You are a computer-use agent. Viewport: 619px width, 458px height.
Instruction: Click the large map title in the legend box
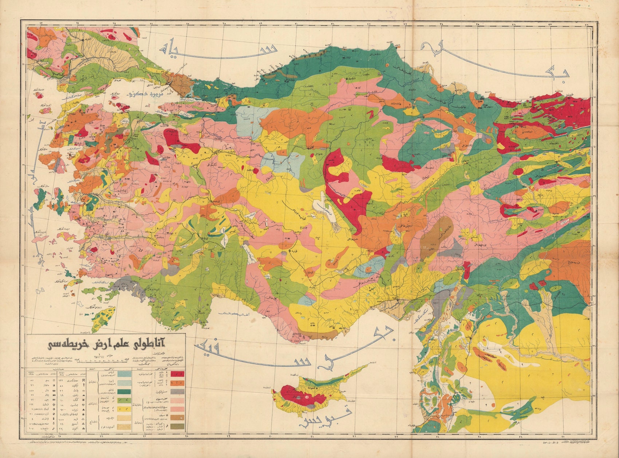click(106, 344)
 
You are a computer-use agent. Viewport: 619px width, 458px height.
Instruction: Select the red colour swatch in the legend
click(177, 374)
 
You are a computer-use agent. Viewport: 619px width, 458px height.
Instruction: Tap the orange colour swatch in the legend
click(177, 383)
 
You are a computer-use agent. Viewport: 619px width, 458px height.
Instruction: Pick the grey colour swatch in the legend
click(177, 391)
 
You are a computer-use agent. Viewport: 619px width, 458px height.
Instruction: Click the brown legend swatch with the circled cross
click(177, 418)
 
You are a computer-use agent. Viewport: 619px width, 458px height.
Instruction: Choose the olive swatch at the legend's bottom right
click(177, 426)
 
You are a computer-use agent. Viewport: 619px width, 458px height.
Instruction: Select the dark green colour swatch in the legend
click(124, 392)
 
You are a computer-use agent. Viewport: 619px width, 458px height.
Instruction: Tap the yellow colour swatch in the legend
click(124, 409)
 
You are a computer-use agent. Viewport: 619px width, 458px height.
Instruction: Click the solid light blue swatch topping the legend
click(124, 374)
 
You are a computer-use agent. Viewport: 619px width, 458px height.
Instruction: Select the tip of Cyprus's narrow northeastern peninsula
click(367, 365)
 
